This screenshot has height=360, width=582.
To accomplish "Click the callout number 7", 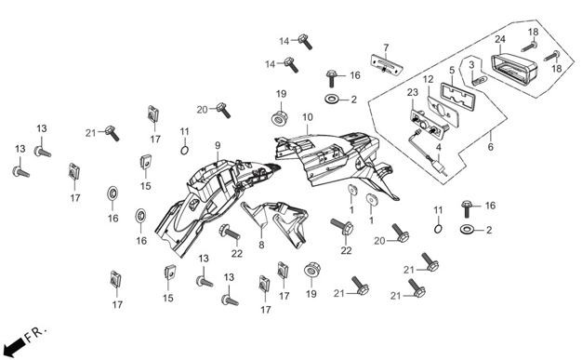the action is click(x=386, y=47).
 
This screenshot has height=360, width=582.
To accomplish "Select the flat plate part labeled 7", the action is click(x=387, y=64).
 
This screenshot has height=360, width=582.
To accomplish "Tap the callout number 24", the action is click(x=500, y=39).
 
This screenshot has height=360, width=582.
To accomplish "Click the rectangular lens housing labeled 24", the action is click(x=514, y=72).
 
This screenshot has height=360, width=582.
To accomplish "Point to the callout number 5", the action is click(x=452, y=70).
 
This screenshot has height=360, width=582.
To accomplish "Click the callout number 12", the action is click(x=428, y=79).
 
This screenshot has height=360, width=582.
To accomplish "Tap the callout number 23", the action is click(x=413, y=92).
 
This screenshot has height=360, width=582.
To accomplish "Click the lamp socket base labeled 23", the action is click(x=427, y=123).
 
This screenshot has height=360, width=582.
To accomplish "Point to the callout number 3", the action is click(x=471, y=64).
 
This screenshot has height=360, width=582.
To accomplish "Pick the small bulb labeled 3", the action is click(x=478, y=79).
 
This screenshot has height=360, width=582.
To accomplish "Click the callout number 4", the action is click(x=439, y=148).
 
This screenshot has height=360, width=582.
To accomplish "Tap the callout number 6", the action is click(x=491, y=147).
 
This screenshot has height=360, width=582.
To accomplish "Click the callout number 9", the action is click(x=218, y=145).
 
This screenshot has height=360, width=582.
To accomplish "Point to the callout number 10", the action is click(x=308, y=117).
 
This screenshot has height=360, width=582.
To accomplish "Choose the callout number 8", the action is click(x=261, y=245).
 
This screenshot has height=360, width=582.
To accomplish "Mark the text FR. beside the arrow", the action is click(x=36, y=333).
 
